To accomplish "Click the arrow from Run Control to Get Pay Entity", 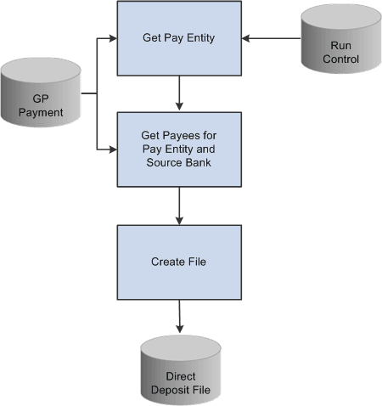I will tap(272, 38).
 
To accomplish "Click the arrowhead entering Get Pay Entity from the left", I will tap(112, 38).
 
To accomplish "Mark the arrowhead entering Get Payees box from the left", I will tap(112, 149).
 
